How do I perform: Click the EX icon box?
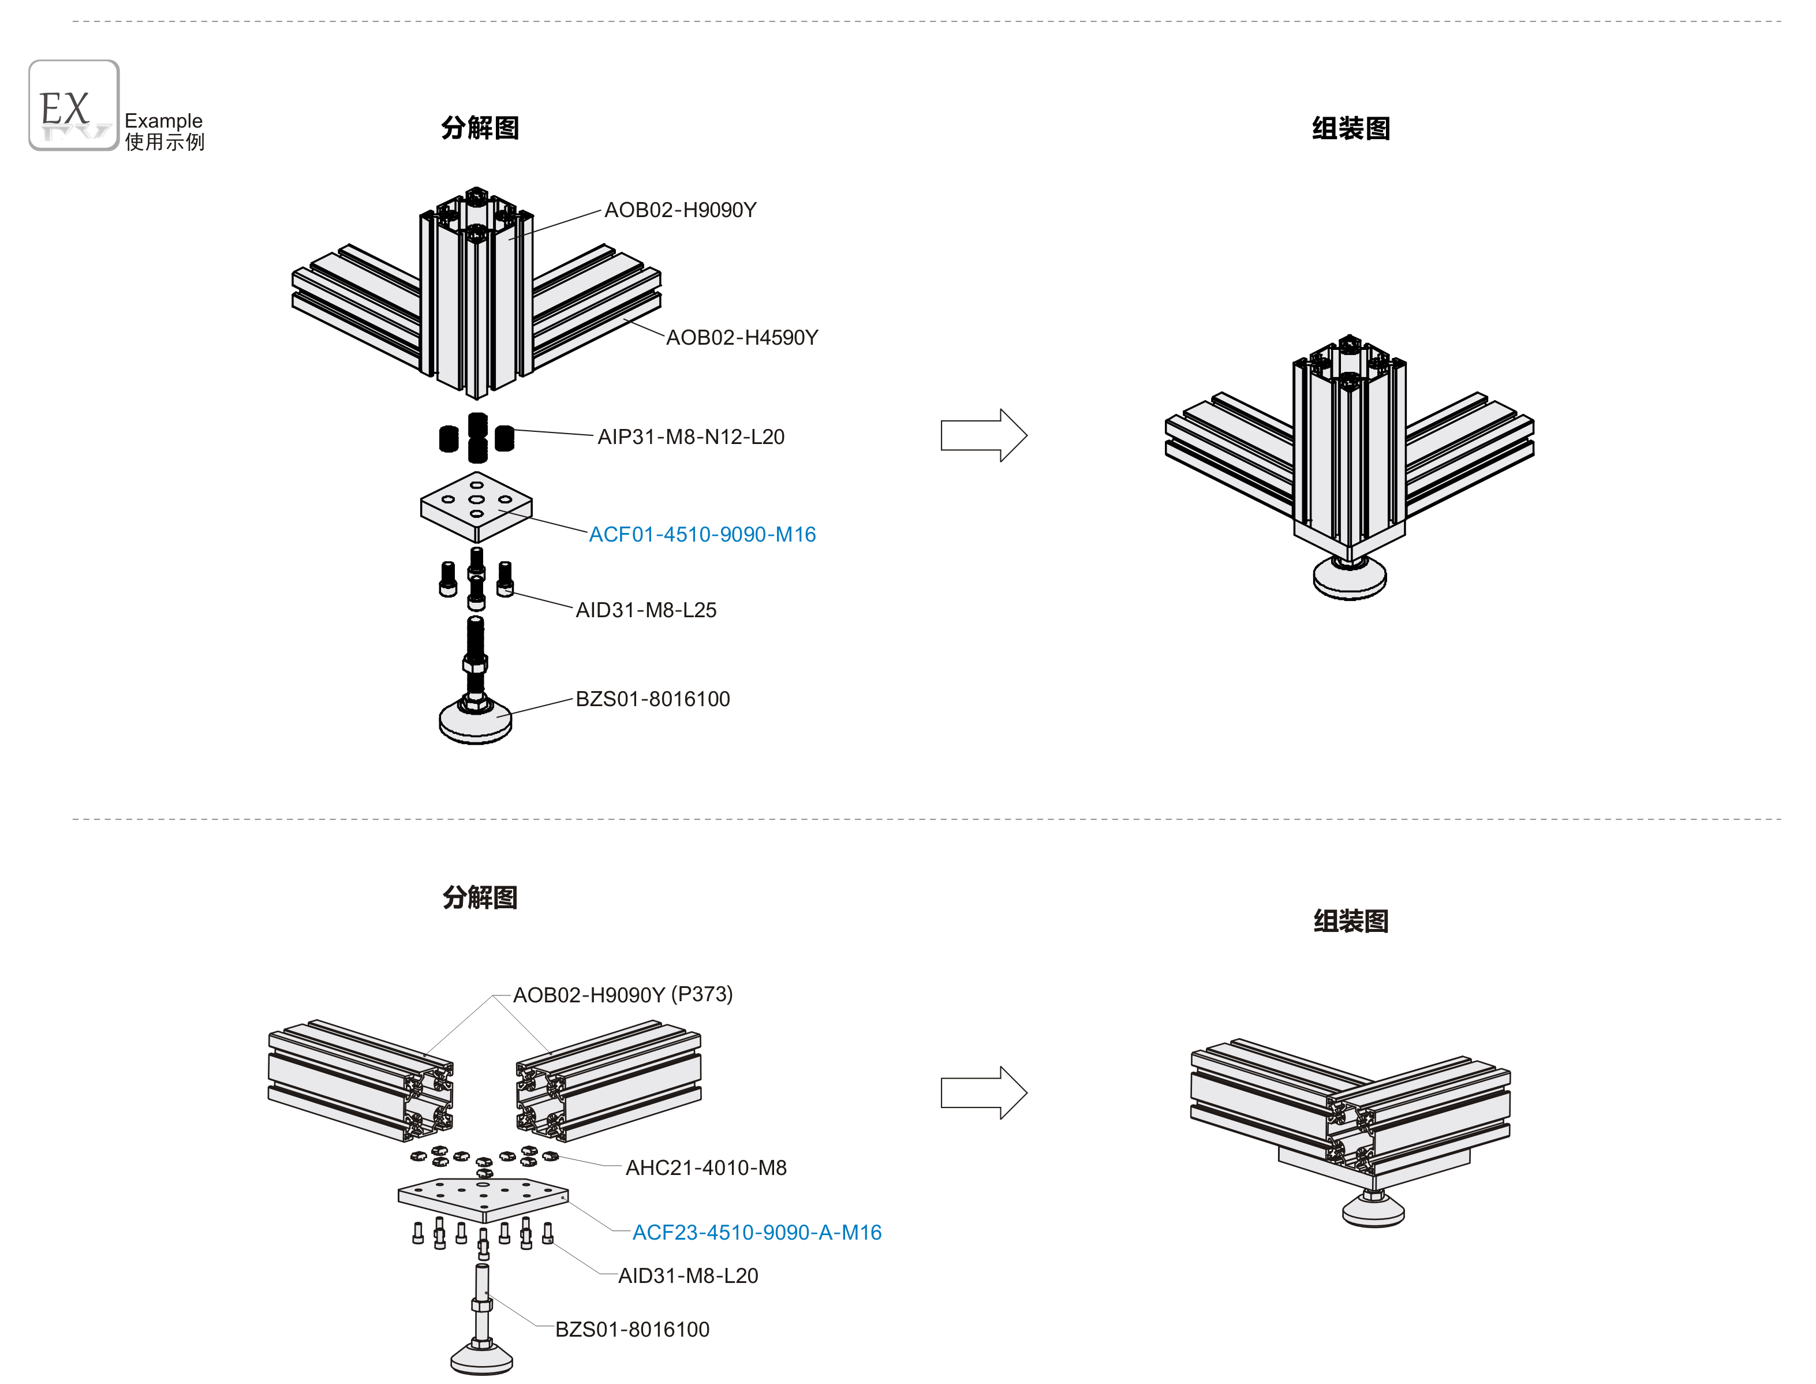[x=73, y=106]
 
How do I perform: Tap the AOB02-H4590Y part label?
[x=741, y=338]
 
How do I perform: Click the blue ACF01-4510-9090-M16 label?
[x=702, y=535]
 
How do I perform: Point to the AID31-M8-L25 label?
[x=646, y=610]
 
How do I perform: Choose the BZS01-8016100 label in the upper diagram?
[x=652, y=699]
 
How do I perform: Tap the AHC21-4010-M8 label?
[x=706, y=1167]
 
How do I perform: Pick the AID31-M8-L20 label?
[x=687, y=1276]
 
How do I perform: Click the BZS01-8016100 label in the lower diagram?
[x=632, y=1330]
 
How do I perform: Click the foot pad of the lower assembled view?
[x=1373, y=1212]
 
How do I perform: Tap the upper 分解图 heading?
[x=480, y=129]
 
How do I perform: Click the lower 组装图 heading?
[x=1351, y=921]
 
